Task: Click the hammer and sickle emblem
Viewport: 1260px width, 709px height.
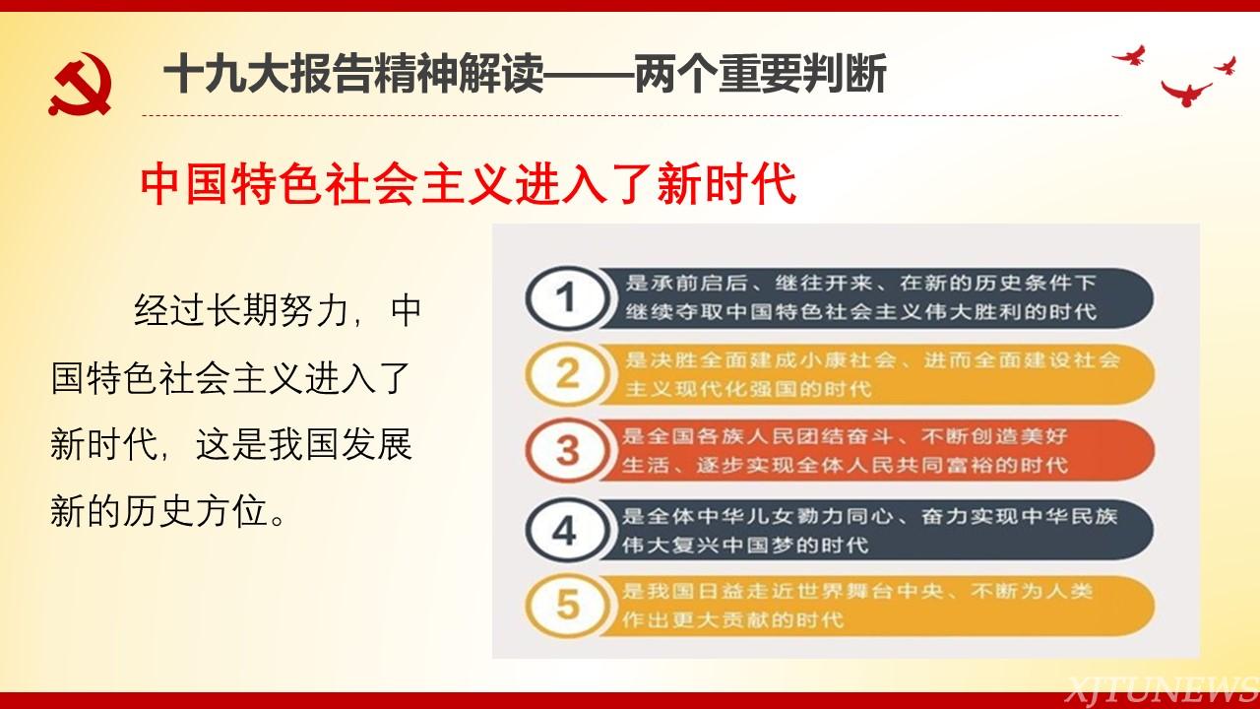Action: [x=80, y=84]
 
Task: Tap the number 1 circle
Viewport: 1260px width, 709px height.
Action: [x=567, y=297]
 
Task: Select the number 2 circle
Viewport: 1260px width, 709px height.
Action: [x=567, y=373]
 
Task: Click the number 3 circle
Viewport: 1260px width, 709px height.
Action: [x=567, y=450]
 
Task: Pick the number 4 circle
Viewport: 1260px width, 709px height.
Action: [x=567, y=530]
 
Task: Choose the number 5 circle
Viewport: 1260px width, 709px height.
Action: [x=567, y=606]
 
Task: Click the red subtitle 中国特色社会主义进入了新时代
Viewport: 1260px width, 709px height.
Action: [x=468, y=183]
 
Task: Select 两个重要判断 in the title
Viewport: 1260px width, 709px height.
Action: [x=761, y=74]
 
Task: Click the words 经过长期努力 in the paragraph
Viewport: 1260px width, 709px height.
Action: [x=241, y=310]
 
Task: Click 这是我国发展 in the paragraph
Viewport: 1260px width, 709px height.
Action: [x=304, y=444]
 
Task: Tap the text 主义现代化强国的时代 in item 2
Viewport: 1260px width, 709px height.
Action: [x=748, y=389]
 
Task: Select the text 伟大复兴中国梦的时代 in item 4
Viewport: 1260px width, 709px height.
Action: [x=745, y=545]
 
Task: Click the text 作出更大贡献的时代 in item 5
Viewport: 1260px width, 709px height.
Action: [x=733, y=620]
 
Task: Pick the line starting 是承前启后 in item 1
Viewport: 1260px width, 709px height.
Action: [x=860, y=283]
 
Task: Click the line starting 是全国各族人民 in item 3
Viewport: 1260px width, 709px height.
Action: [x=845, y=436]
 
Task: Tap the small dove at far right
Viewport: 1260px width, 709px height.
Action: [x=1227, y=66]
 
